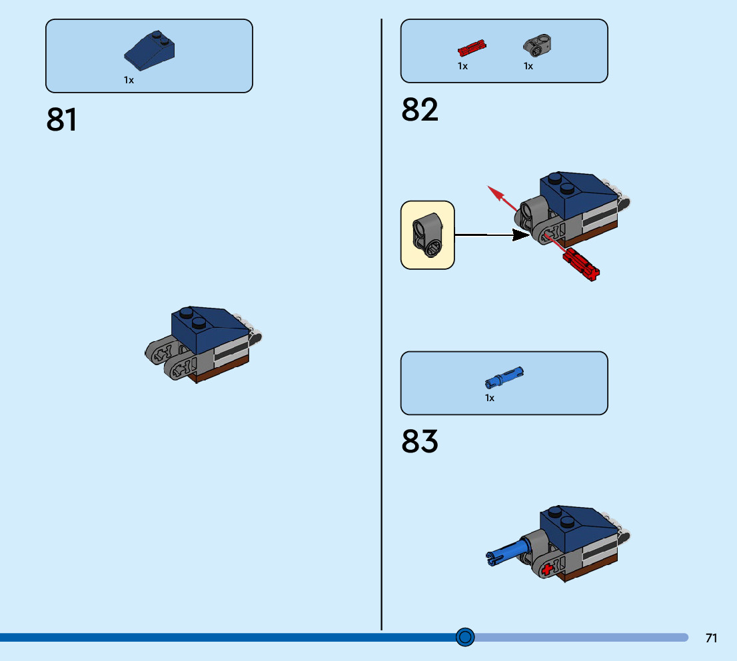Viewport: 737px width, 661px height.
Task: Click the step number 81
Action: click(62, 120)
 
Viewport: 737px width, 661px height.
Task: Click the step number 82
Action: click(420, 110)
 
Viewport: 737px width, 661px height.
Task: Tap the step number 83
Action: click(420, 441)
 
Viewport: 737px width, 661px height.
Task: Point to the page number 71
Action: click(711, 638)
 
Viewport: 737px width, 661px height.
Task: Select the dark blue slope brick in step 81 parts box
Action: click(151, 52)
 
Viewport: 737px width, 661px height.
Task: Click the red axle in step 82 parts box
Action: click(472, 48)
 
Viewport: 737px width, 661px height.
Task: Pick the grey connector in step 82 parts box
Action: click(536, 45)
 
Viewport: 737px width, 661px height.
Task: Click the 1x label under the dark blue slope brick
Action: click(129, 80)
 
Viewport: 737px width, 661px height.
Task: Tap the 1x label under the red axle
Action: click(462, 66)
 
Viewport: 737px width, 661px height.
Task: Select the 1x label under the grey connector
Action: click(528, 66)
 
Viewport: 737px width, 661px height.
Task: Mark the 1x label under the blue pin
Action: click(490, 398)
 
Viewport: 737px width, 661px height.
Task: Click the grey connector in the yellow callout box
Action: click(427, 235)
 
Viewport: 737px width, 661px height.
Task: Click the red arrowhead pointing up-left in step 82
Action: click(494, 192)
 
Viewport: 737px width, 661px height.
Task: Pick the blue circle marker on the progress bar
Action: click(465, 637)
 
